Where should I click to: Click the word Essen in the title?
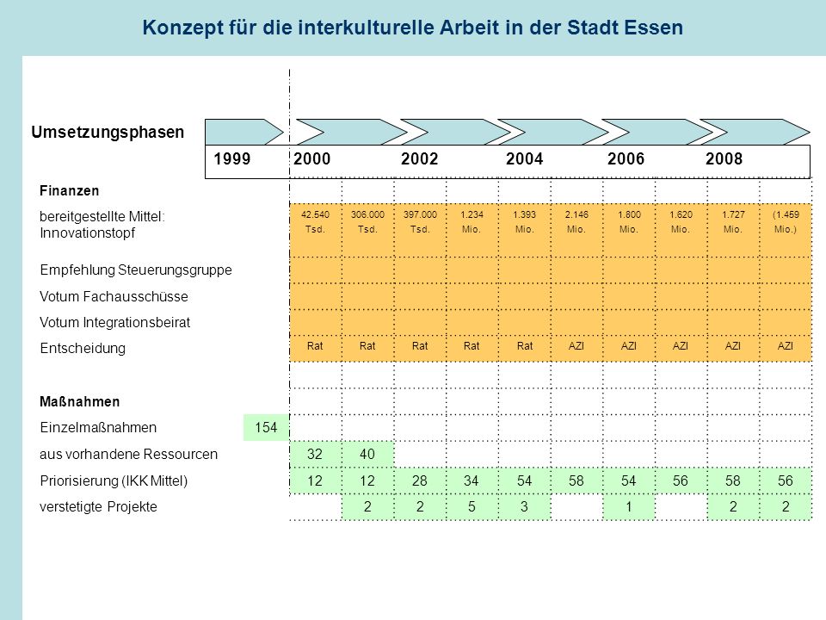pyautogui.click(x=653, y=28)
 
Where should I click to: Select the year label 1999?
pyautogui.click(x=231, y=158)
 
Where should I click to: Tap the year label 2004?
pyautogui.click(x=524, y=158)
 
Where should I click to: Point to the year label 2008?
pyautogui.click(x=724, y=158)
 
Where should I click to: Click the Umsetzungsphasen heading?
pyautogui.click(x=108, y=132)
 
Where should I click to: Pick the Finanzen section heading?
pyautogui.click(x=69, y=191)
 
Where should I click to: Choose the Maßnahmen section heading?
pyautogui.click(x=79, y=402)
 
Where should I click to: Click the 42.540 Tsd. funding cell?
pyautogui.click(x=315, y=222)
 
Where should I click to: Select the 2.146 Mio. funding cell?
pyautogui.click(x=576, y=222)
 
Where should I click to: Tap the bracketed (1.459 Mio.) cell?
pyautogui.click(x=786, y=222)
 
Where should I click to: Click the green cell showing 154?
pyautogui.click(x=266, y=428)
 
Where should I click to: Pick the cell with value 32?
pyautogui.click(x=315, y=454)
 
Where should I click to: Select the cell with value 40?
pyautogui.click(x=367, y=454)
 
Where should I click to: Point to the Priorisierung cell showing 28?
pyautogui.click(x=420, y=480)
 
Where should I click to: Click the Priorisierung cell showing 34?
pyautogui.click(x=472, y=480)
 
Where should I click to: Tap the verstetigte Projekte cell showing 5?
pyautogui.click(x=472, y=507)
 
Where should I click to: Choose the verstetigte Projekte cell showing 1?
pyautogui.click(x=628, y=507)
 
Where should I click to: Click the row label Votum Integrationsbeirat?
pyautogui.click(x=114, y=323)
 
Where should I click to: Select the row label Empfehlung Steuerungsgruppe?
pyautogui.click(x=136, y=270)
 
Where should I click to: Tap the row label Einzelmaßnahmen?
pyautogui.click(x=98, y=428)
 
